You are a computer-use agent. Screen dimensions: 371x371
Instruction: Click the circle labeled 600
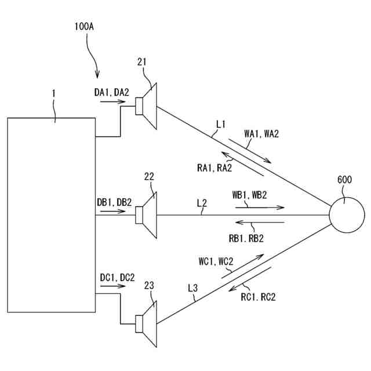[347, 214]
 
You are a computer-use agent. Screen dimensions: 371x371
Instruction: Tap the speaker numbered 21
[147, 107]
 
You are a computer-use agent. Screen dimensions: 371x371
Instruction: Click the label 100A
[85, 27]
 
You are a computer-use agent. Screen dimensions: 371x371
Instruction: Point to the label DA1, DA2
[112, 92]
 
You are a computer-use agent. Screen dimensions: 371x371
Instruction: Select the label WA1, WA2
[261, 134]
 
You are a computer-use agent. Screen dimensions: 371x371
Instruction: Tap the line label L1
[220, 123]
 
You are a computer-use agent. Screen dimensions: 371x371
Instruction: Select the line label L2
[202, 203]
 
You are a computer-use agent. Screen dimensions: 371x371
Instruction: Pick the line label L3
[193, 288]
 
